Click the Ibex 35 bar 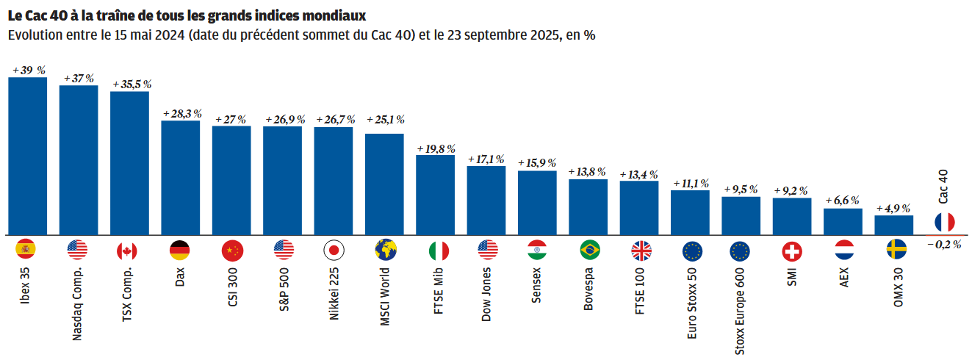(27, 156)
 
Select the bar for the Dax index (180, 178)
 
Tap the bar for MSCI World (384, 184)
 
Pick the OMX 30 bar (894, 225)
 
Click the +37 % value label (79, 79)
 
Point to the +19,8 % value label (436, 148)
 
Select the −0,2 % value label (943, 245)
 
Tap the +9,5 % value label (741, 190)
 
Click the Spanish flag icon (26, 251)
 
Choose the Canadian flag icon (127, 251)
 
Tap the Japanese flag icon (334, 251)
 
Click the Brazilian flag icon (589, 251)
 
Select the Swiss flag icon (792, 251)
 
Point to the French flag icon (944, 222)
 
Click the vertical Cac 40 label (944, 187)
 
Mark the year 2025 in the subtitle (542, 35)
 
